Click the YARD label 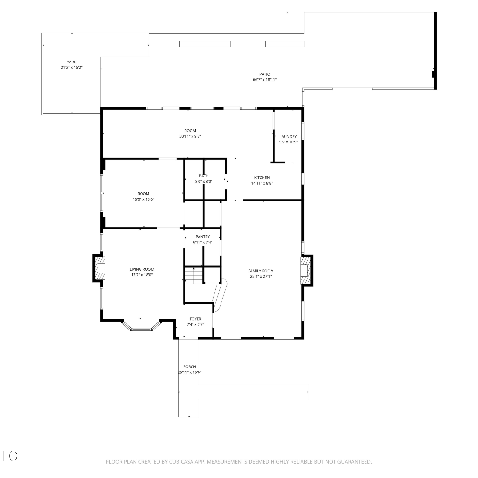point(72,62)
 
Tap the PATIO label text point(265,74)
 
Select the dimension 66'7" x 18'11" point(265,80)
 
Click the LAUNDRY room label point(288,137)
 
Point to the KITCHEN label point(262,177)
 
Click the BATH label point(204,176)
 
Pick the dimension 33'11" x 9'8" point(190,136)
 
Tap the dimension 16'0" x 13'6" point(143,199)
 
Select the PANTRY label point(203,237)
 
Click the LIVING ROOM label point(142,269)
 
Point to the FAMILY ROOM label point(261,271)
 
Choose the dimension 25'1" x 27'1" point(261,277)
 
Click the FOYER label point(195,319)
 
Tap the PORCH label point(190,367)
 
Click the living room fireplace point(99,268)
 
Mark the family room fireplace point(306,270)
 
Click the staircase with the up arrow point(194,275)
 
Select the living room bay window point(141,326)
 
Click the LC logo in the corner point(10,456)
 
